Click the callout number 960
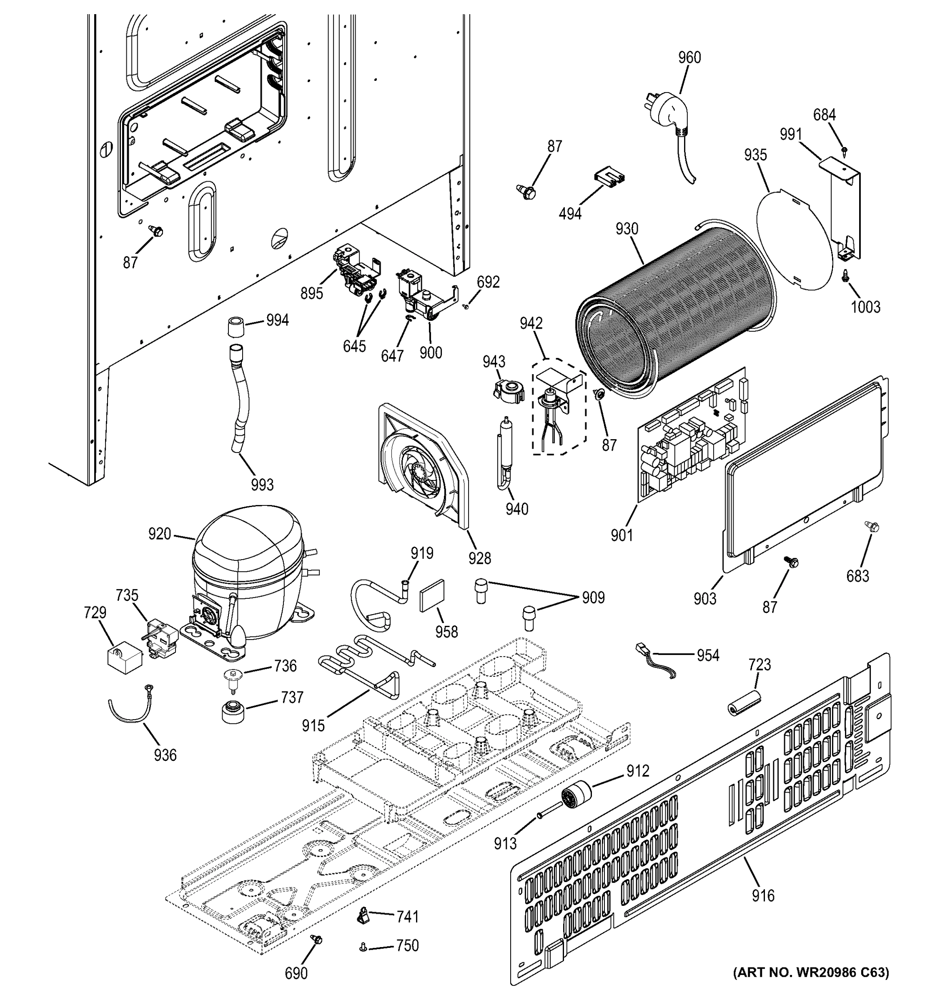(689, 58)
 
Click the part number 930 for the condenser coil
(627, 229)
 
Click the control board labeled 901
(692, 437)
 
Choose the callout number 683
(857, 575)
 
